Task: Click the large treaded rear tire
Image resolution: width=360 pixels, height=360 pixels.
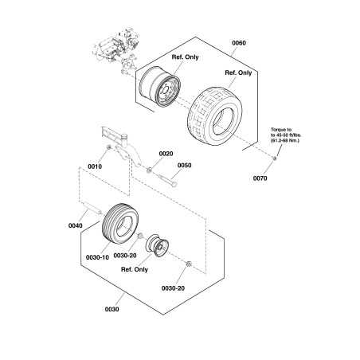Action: [x=215, y=116]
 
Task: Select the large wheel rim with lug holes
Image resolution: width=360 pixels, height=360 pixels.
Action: [x=160, y=87]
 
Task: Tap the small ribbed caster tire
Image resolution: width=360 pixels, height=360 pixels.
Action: [x=120, y=222]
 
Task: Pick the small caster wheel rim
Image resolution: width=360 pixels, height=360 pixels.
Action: [x=156, y=245]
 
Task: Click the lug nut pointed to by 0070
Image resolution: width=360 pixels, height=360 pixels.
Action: [x=275, y=158]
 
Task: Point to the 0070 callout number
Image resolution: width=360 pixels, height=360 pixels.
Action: [x=260, y=178]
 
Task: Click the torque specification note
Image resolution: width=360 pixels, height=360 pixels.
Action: [x=286, y=135]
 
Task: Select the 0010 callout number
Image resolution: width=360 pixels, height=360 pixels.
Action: [x=95, y=166]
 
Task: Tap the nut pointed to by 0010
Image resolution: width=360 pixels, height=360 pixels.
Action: [x=108, y=147]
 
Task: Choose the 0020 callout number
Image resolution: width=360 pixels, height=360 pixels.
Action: [x=166, y=154]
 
